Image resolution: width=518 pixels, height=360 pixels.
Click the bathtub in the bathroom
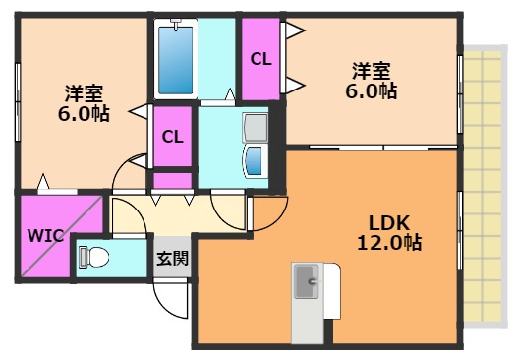[x=178, y=60]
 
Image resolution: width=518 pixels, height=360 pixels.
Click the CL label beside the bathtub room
[x=259, y=58]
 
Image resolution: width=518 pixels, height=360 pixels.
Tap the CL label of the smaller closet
[x=172, y=136]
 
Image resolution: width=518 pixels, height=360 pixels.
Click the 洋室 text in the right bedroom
[x=372, y=71]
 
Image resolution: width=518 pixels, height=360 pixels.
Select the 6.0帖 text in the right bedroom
[x=372, y=91]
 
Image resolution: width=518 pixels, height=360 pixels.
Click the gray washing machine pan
[x=256, y=128]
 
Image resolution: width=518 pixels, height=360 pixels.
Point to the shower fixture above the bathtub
[x=178, y=22]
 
